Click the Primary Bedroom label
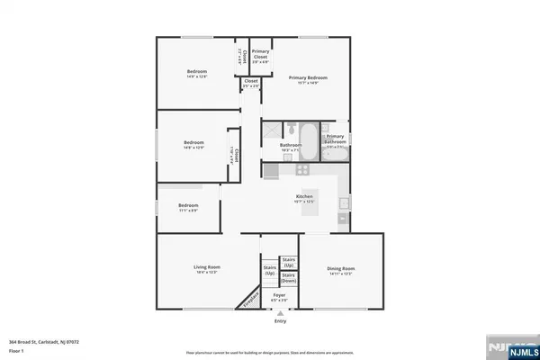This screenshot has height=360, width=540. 308,79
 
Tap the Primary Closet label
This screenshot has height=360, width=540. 260,55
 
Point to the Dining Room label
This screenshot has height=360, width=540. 341,269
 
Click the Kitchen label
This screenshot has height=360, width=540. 304,199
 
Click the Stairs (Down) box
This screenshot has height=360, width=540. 288,278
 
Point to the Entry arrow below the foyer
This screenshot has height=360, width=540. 279,312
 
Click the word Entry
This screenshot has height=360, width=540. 280,320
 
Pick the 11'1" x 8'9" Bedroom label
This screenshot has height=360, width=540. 187,207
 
